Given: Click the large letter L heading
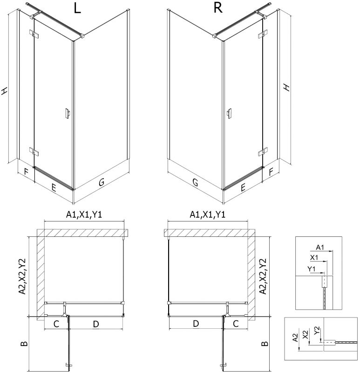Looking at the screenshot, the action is coord(77,8).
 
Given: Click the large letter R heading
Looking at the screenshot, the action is coord(218,8).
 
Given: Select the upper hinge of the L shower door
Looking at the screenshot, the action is coord(34,34).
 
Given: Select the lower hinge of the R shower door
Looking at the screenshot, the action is coord(263,152).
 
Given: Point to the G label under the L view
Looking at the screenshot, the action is coord(102,182).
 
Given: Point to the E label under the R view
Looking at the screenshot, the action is coord(243,188).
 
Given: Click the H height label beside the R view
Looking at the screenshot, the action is coord(287,87).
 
